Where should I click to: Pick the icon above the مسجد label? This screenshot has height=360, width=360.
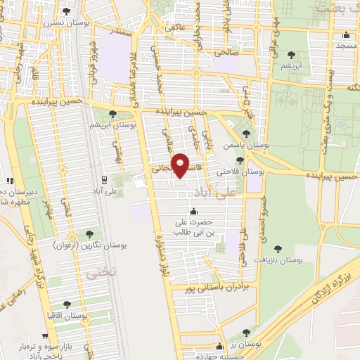pyautogui.click(x=346, y=37)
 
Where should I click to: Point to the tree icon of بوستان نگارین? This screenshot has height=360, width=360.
pyautogui.click(x=89, y=233)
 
